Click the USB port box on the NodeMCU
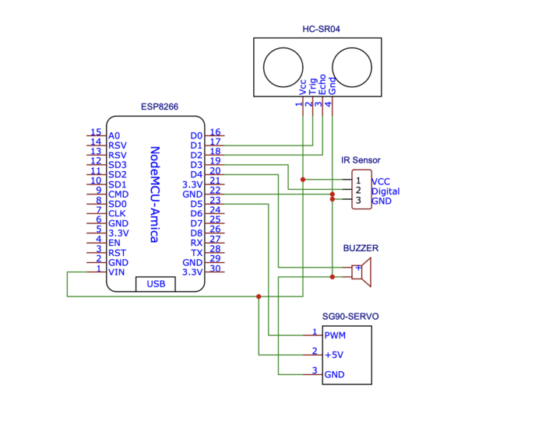point(156,284)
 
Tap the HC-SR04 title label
point(321,29)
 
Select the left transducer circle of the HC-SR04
point(283,68)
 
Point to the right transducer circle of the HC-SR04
point(352,68)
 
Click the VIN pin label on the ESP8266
point(117,272)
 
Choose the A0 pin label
point(114,135)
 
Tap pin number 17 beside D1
point(215,142)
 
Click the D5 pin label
point(196,204)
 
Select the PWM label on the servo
point(335,335)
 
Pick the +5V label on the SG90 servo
point(334,355)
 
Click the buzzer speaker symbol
point(361,272)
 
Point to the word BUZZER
point(361,248)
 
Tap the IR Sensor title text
point(361,160)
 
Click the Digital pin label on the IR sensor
point(385,191)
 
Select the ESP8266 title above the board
point(160,107)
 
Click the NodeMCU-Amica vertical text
point(155,194)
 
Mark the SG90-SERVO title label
point(350,317)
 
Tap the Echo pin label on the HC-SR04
point(322,85)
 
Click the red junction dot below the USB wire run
point(259,296)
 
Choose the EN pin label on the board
point(114,243)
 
